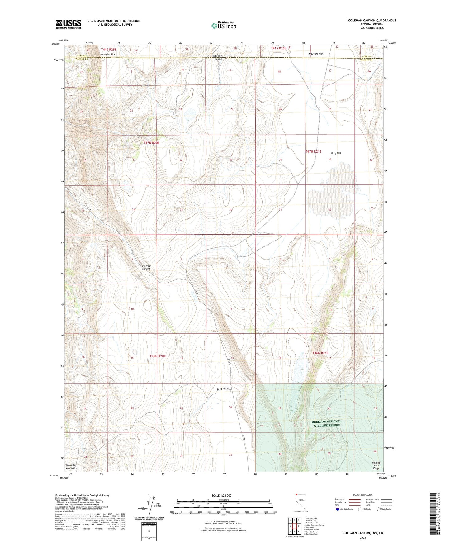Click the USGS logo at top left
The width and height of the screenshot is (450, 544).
pos(69,24)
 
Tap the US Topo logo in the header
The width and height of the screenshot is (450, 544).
pos(224,25)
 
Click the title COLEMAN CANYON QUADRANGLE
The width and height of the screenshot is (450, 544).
pos(372,21)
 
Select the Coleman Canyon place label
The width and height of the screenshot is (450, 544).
pos(146,267)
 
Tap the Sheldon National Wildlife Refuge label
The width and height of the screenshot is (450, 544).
pos(327,423)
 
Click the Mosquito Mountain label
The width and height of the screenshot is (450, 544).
pos(71,466)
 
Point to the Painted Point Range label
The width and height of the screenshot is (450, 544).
pos(376,465)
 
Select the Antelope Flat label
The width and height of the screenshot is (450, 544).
pos(315,54)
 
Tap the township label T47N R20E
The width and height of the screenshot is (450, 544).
pos(151,143)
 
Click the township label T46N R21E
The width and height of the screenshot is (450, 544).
pos(320,353)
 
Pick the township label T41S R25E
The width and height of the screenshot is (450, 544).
pos(109,49)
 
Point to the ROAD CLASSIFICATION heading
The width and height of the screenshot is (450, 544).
pos(363,495)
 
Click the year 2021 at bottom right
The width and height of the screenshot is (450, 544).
pos(363,538)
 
